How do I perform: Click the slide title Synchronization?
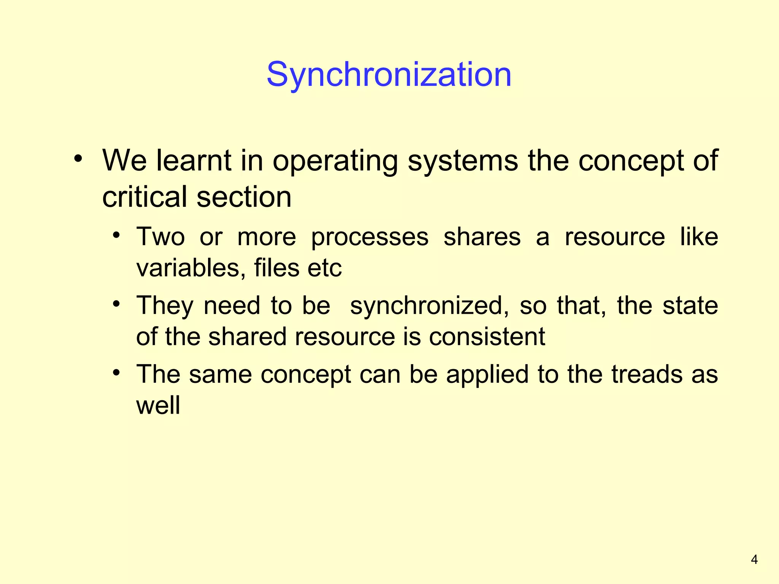pyautogui.click(x=389, y=75)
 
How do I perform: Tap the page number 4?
pyautogui.click(x=754, y=560)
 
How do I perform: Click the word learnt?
pyautogui.click(x=194, y=160)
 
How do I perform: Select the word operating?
pyautogui.click(x=335, y=161)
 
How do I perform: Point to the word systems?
pyautogui.click(x=463, y=161)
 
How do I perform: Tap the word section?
pyautogui.click(x=244, y=197)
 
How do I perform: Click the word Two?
pyautogui.click(x=161, y=237)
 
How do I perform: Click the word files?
pyautogui.click(x=277, y=268)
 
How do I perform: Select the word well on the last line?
pyautogui.click(x=158, y=405)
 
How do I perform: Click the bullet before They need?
pyautogui.click(x=116, y=304)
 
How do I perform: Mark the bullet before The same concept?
pyautogui.click(x=116, y=373)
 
